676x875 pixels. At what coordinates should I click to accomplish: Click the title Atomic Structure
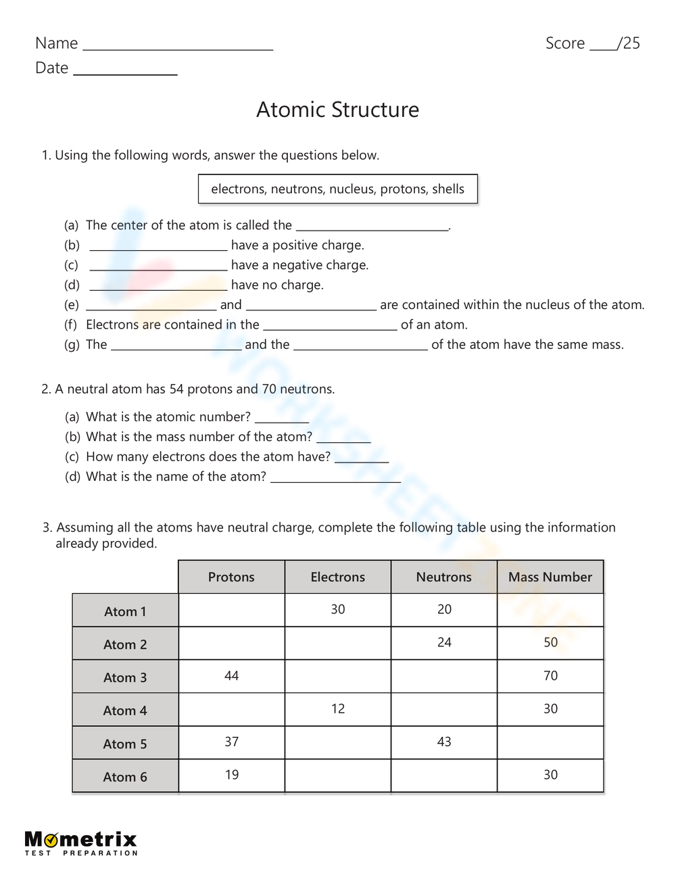[x=337, y=110]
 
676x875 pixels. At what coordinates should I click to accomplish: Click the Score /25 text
[x=592, y=43]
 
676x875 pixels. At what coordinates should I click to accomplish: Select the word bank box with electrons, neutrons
[x=337, y=189]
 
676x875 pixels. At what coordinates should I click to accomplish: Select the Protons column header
[x=231, y=577]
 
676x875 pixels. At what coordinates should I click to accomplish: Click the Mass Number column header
[x=550, y=577]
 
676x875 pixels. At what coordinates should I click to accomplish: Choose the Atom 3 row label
[x=125, y=677]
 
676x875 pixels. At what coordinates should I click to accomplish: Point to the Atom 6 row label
[x=125, y=776]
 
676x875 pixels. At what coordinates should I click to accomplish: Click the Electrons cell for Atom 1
[x=337, y=609]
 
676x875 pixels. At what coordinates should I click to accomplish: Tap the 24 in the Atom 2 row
[x=444, y=642]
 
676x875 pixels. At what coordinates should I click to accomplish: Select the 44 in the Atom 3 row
[x=231, y=676]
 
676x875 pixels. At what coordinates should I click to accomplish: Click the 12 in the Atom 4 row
[x=337, y=709]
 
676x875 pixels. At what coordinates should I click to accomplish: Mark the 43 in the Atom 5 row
[x=444, y=742]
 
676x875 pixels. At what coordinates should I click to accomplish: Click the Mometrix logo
[x=81, y=843]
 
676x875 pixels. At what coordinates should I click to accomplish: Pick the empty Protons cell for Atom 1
[x=231, y=610]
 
